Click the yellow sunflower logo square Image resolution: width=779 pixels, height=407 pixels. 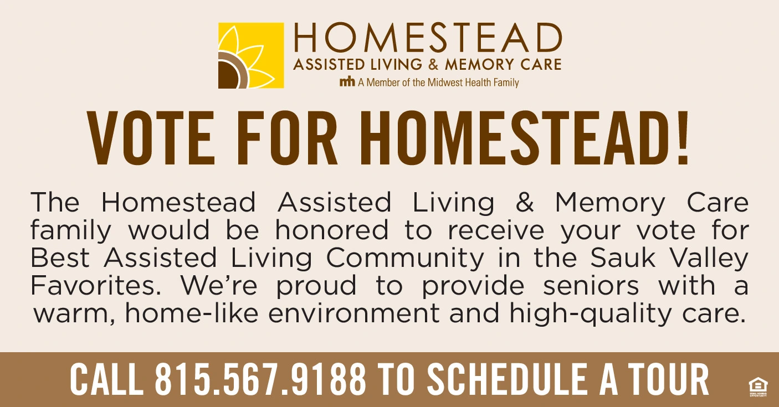pos(251,55)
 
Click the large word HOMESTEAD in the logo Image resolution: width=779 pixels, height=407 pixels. pos(428,38)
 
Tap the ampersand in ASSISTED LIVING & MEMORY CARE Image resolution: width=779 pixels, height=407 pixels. pos(433,64)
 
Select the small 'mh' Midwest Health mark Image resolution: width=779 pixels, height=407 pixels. pos(347,82)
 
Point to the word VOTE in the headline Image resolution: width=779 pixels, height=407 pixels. pos(151,138)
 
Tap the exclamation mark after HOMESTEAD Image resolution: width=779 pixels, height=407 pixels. pos(683,138)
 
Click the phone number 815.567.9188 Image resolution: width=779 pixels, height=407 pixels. pos(260,379)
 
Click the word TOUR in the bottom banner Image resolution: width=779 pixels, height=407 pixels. pos(669,379)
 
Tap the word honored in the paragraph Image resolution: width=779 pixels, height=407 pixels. pos(331,230)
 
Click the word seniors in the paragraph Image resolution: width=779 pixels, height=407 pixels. pos(591,285)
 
